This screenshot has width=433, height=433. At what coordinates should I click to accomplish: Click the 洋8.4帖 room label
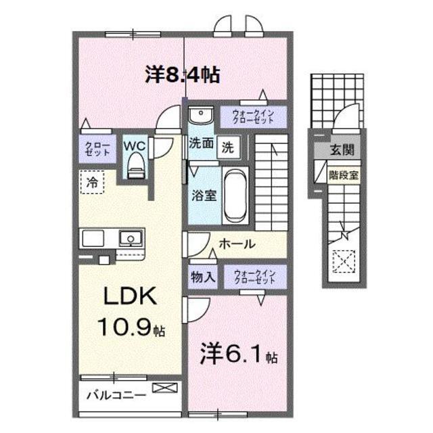(183, 74)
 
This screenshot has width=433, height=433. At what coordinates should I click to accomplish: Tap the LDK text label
(130, 296)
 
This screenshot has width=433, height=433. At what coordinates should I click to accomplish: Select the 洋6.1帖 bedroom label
(239, 354)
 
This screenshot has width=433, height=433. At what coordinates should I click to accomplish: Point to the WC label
(134, 146)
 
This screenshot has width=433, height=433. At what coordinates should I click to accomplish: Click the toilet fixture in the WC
(135, 166)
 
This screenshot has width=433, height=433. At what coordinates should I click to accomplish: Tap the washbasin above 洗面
(201, 115)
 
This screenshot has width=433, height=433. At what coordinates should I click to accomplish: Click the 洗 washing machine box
(228, 147)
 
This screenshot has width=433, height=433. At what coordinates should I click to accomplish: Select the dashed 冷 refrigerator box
(92, 182)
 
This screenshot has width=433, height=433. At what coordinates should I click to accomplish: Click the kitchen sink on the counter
(131, 239)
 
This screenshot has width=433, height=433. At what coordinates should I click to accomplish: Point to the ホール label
(237, 244)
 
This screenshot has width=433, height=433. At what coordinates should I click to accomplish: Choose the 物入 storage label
(203, 277)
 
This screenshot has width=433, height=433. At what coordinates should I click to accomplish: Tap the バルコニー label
(116, 395)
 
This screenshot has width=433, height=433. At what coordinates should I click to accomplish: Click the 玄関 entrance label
(342, 150)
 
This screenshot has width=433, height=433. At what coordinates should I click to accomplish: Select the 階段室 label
(344, 175)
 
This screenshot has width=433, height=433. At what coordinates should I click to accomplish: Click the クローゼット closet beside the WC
(97, 149)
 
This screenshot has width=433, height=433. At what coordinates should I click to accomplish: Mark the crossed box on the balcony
(165, 388)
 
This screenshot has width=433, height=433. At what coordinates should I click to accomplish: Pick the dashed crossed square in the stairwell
(344, 262)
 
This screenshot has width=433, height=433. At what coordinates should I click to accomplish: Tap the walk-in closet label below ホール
(255, 277)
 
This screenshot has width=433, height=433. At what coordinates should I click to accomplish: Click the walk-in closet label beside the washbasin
(253, 117)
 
